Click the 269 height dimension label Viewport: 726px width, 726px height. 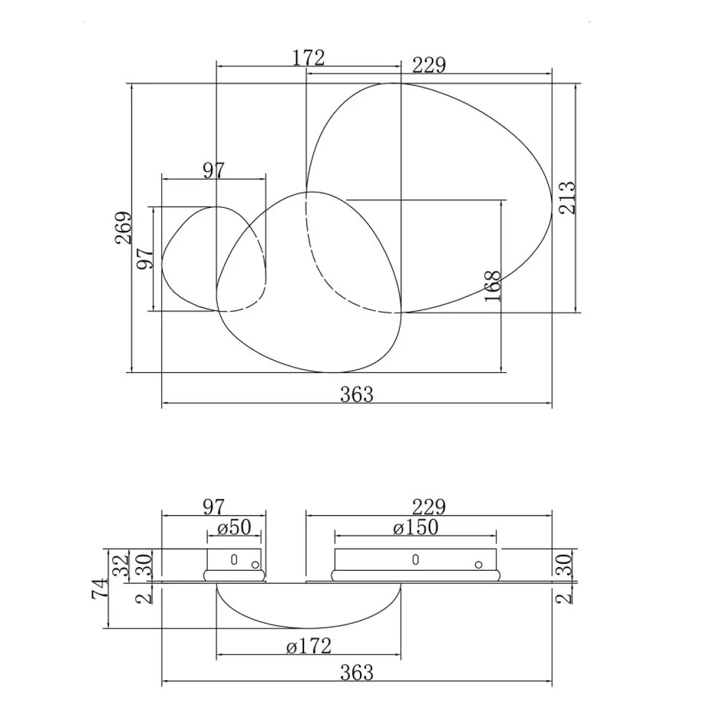(x=123, y=228)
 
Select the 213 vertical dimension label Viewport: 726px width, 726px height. (x=567, y=198)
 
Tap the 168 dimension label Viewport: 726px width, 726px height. (x=493, y=286)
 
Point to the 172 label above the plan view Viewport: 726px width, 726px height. (x=308, y=58)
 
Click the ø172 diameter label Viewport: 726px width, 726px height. (x=309, y=646)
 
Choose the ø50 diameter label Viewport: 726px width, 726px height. (x=234, y=527)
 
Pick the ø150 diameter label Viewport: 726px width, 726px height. (x=415, y=527)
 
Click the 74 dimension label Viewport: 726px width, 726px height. (x=101, y=588)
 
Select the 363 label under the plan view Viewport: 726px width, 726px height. (x=357, y=395)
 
